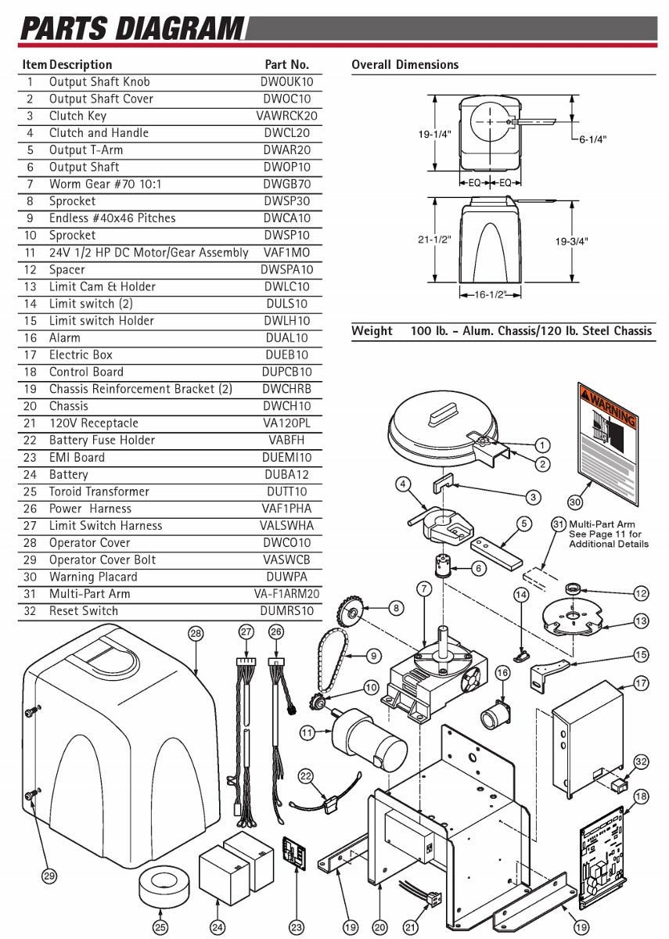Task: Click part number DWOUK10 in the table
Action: pos(286,82)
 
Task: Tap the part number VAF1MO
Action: pos(286,253)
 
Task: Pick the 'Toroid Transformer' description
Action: pos(99,491)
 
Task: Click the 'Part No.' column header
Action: pos(286,65)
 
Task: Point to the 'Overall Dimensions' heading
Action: pos(405,65)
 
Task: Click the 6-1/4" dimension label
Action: pos(592,139)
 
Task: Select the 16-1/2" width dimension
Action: pos(491,294)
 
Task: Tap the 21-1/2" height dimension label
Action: pos(434,240)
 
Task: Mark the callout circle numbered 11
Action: pos(308,733)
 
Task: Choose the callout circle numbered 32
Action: pos(642,761)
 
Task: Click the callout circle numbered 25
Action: pos(160,927)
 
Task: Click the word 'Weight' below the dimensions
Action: pos(372,331)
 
